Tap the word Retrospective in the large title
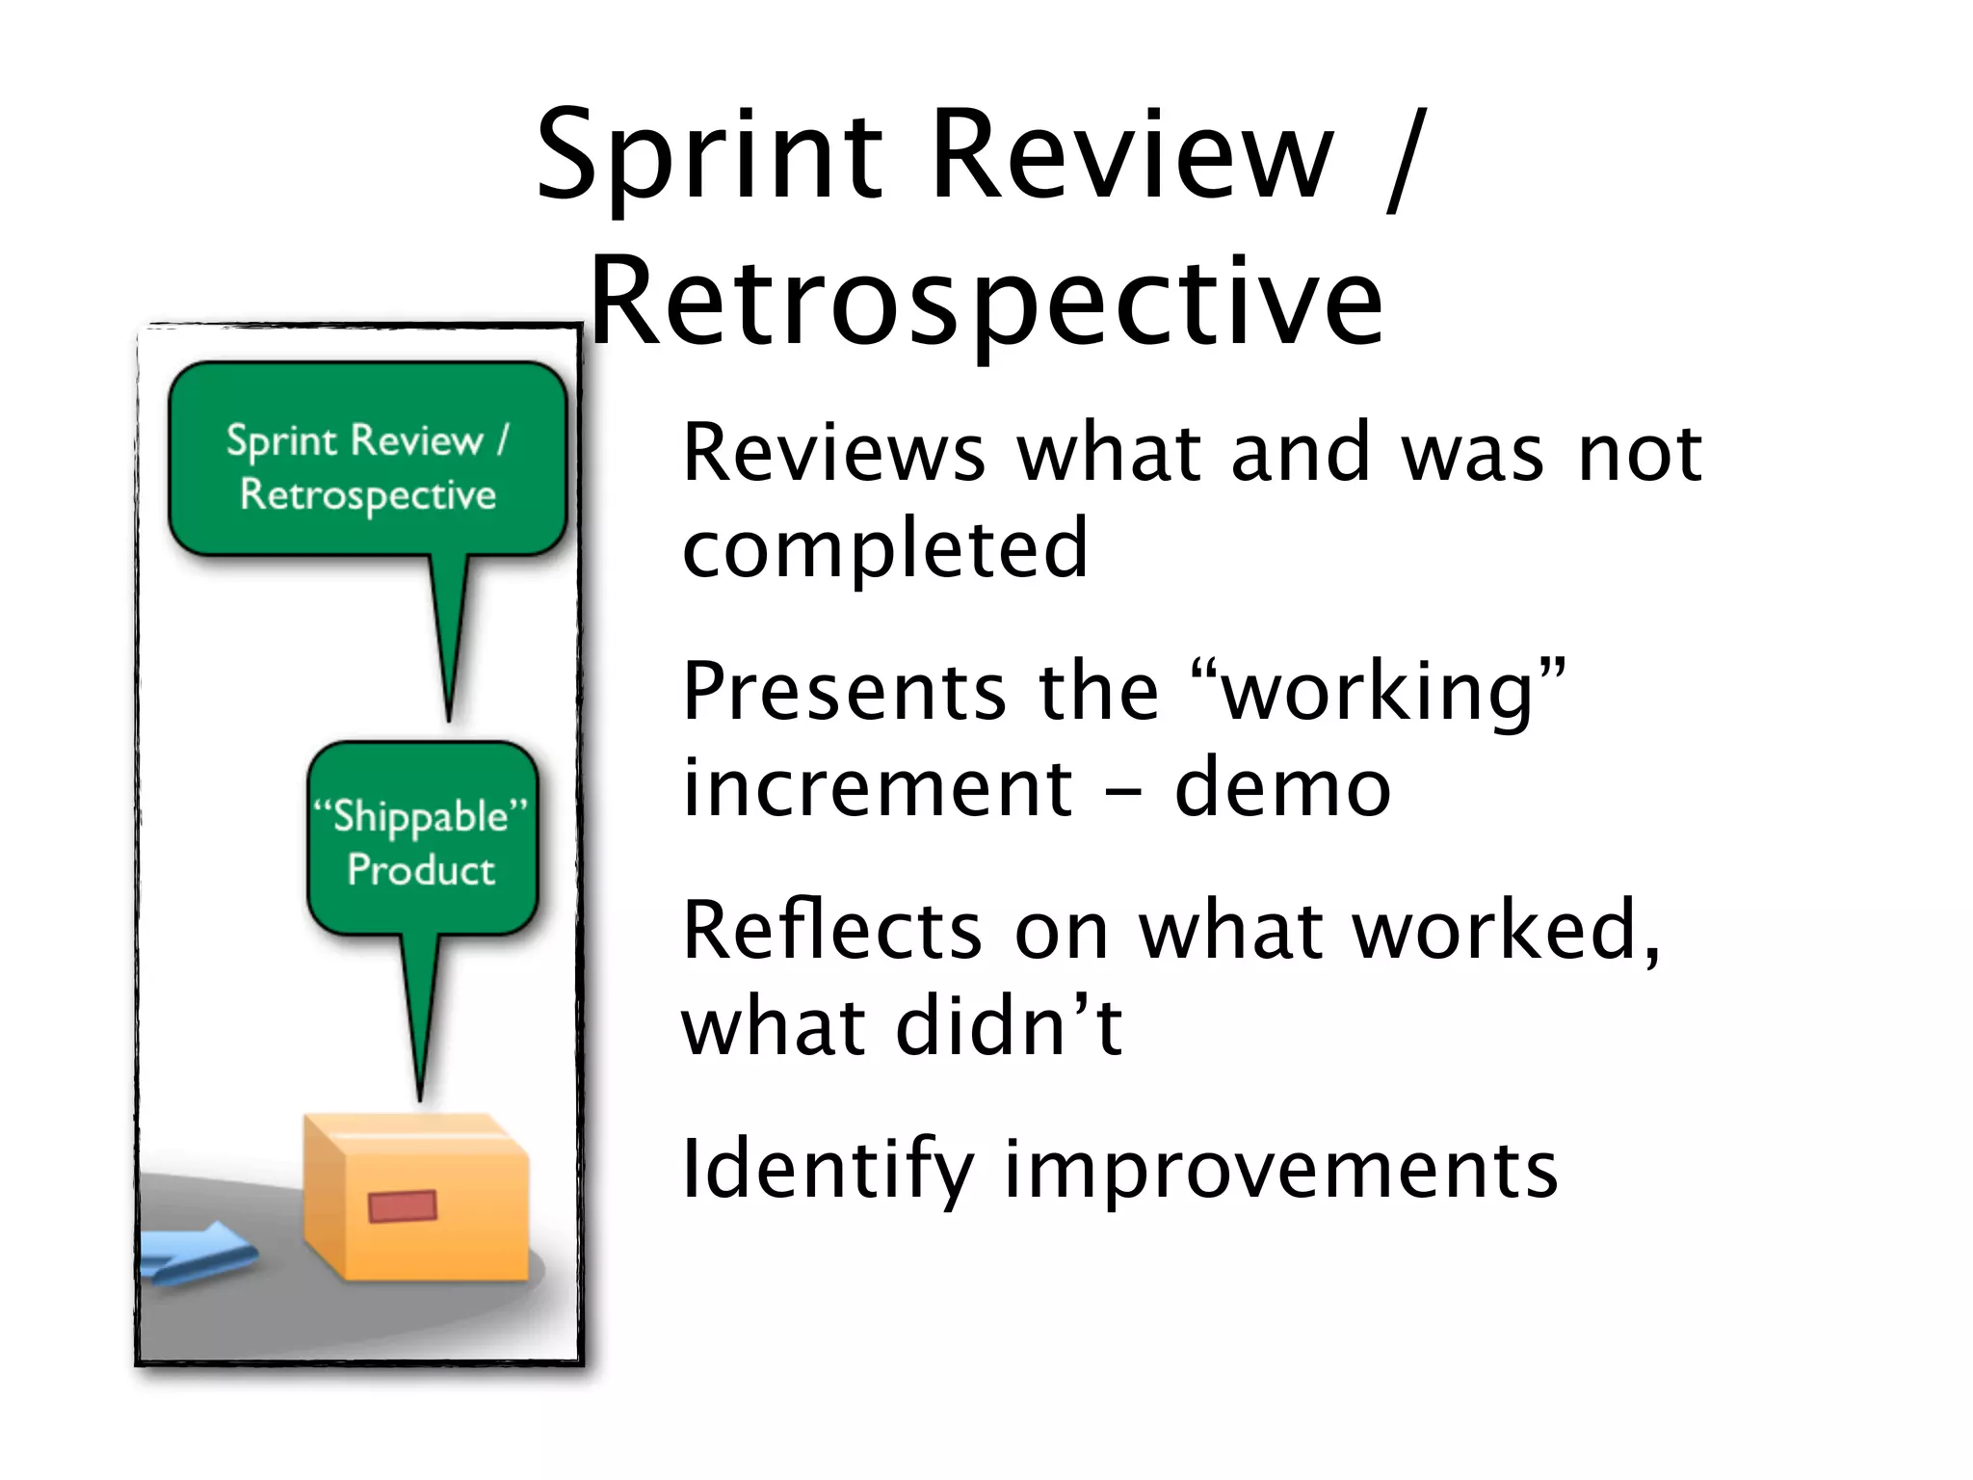[x=986, y=301]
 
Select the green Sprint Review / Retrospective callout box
[x=367, y=461]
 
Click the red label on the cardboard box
[x=403, y=1205]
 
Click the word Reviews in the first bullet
[x=833, y=452]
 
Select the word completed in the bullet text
[x=884, y=548]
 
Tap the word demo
[x=1282, y=787]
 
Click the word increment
[x=877, y=787]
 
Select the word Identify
[x=828, y=1170]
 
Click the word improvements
[x=1280, y=1170]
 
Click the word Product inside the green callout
[x=421, y=870]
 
